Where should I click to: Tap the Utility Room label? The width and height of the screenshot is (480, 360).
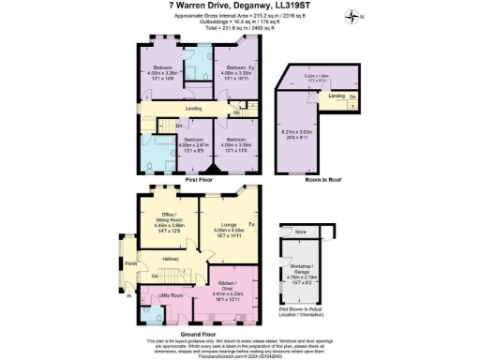(x=171, y=294)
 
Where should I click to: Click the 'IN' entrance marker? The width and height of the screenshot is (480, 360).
(x=128, y=297)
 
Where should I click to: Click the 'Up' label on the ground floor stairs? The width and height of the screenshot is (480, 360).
(x=154, y=277)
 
